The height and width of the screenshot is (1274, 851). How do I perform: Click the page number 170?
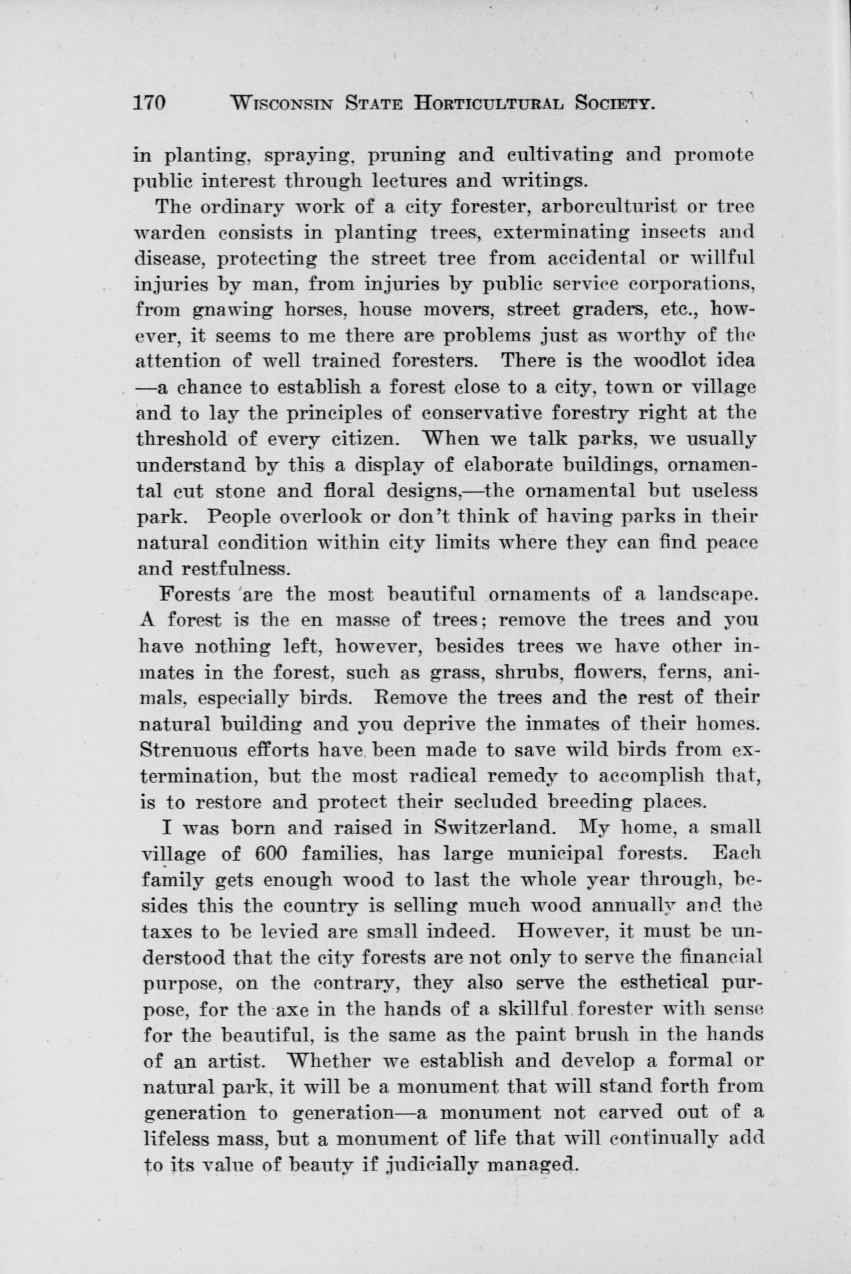click(x=149, y=103)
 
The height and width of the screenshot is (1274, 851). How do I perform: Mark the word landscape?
click(x=707, y=595)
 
